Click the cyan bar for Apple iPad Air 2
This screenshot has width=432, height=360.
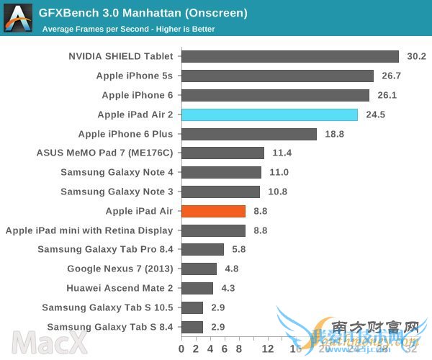[269, 114]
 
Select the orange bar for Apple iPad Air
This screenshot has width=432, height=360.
[213, 211]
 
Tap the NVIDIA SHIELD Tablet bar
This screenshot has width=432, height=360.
[290, 56]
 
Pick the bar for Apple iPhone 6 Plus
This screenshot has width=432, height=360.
[249, 134]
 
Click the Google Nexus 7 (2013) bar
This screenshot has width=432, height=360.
[199, 269]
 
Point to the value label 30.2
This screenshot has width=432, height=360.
[417, 56]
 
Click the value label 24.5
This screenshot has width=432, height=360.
[376, 114]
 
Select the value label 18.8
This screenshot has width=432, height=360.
[335, 134]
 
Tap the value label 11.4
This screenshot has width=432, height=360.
[282, 153]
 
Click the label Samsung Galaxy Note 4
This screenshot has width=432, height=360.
[117, 172]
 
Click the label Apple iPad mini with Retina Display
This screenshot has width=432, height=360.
[89, 230]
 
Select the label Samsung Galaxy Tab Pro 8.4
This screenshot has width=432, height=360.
[105, 250]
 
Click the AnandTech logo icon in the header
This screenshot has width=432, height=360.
[19, 17]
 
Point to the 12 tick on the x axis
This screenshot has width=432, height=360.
[268, 349]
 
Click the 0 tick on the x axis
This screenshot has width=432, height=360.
[181, 349]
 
